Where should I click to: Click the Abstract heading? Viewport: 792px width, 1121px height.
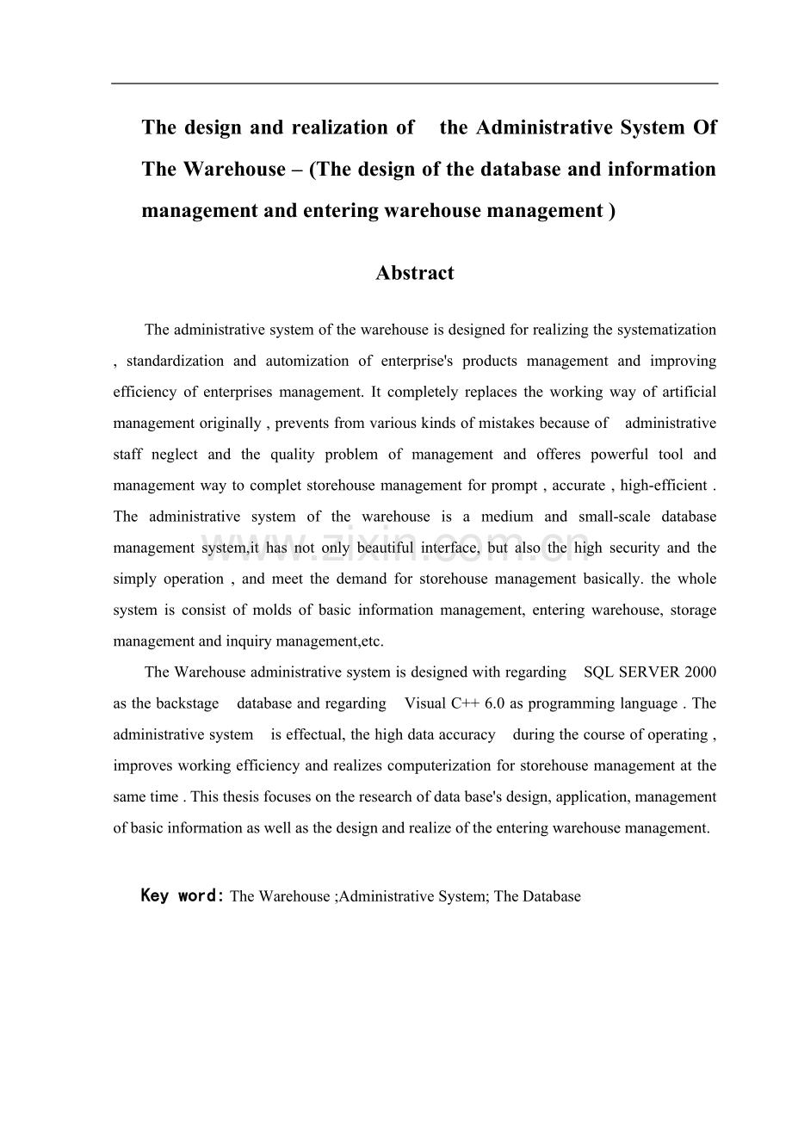414,273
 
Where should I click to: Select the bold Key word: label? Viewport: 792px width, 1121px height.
183,895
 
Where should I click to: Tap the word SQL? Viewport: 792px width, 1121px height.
599,672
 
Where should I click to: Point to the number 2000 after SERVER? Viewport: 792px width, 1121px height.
700,672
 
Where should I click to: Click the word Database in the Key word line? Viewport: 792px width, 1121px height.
549,896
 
